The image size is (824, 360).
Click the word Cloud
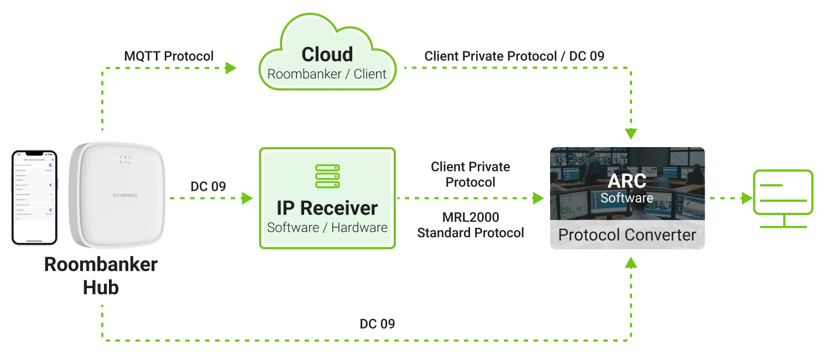click(327, 54)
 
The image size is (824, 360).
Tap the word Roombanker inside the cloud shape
click(304, 74)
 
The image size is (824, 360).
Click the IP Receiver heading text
click(327, 208)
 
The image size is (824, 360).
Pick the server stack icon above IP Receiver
click(327, 176)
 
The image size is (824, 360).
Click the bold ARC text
click(627, 181)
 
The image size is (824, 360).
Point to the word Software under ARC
click(627, 197)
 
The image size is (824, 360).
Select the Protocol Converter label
click(627, 234)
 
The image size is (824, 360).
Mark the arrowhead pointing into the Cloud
click(231, 69)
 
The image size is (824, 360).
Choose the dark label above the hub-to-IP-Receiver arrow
click(208, 187)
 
